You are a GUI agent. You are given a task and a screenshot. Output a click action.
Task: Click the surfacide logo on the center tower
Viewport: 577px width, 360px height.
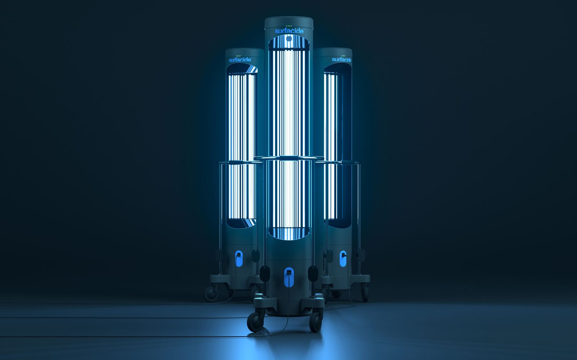coord(289,31)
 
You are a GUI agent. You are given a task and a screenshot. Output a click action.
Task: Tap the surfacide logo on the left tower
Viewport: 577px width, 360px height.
coord(240,60)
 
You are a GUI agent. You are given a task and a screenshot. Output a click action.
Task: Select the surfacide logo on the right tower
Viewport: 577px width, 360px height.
coord(341,59)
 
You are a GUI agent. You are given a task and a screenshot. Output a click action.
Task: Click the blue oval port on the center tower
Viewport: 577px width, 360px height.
coord(289,277)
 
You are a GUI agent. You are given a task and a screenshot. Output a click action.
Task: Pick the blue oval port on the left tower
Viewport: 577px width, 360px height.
coord(239,258)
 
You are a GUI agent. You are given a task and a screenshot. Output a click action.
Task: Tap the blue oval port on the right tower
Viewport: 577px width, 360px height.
coord(343,258)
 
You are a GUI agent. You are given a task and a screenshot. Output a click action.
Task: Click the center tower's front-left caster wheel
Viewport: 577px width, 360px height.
coord(255,322)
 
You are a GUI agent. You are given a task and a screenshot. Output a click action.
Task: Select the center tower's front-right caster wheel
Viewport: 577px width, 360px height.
coord(315,322)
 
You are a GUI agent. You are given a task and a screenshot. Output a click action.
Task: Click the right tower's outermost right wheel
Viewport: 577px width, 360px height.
coord(365,293)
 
